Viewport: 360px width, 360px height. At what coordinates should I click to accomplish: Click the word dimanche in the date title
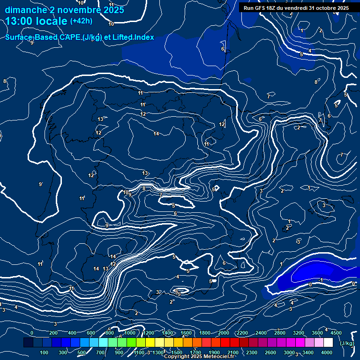coord(26,10)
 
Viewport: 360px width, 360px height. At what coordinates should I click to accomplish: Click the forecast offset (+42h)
coord(81,21)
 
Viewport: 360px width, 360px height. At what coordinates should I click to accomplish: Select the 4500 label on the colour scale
coord(336,333)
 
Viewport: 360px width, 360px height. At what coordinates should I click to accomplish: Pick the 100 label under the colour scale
coord(45,352)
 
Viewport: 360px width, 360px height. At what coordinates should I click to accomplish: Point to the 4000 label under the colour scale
coord(327,352)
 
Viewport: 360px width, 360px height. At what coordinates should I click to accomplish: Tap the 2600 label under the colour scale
coord(270,352)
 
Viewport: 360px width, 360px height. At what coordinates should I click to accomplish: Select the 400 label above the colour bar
coord(72,333)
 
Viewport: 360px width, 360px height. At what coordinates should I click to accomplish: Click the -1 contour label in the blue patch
coord(321,280)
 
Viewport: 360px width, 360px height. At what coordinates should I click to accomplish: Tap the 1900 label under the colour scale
coord(214,352)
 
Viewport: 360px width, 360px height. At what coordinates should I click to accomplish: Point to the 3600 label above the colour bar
coord(317,333)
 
